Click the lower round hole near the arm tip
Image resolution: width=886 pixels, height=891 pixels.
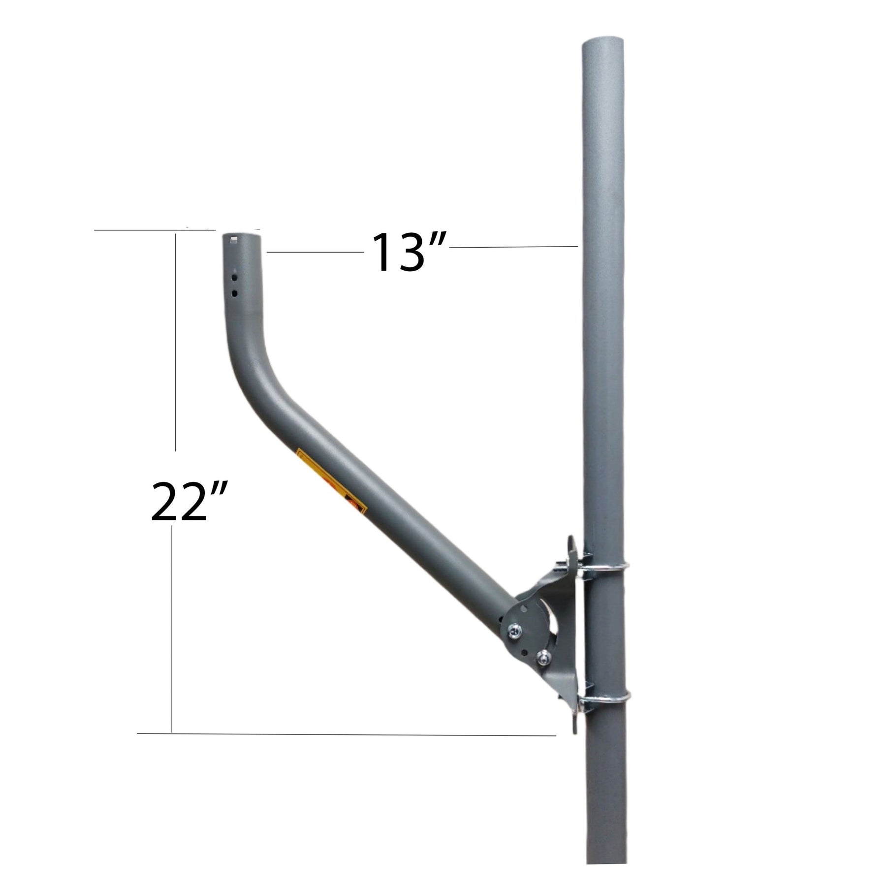click(x=235, y=293)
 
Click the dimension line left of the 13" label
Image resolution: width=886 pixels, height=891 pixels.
click(x=315, y=252)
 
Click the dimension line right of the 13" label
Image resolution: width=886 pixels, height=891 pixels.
click(x=512, y=246)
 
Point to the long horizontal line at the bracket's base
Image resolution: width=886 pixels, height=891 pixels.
click(x=345, y=748)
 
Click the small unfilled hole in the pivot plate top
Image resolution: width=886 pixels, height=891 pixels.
click(x=526, y=608)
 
